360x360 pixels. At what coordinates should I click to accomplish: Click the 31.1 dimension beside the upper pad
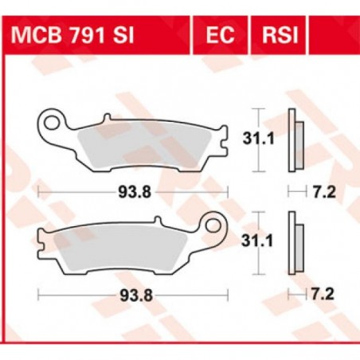pyautogui.click(x=255, y=141)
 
